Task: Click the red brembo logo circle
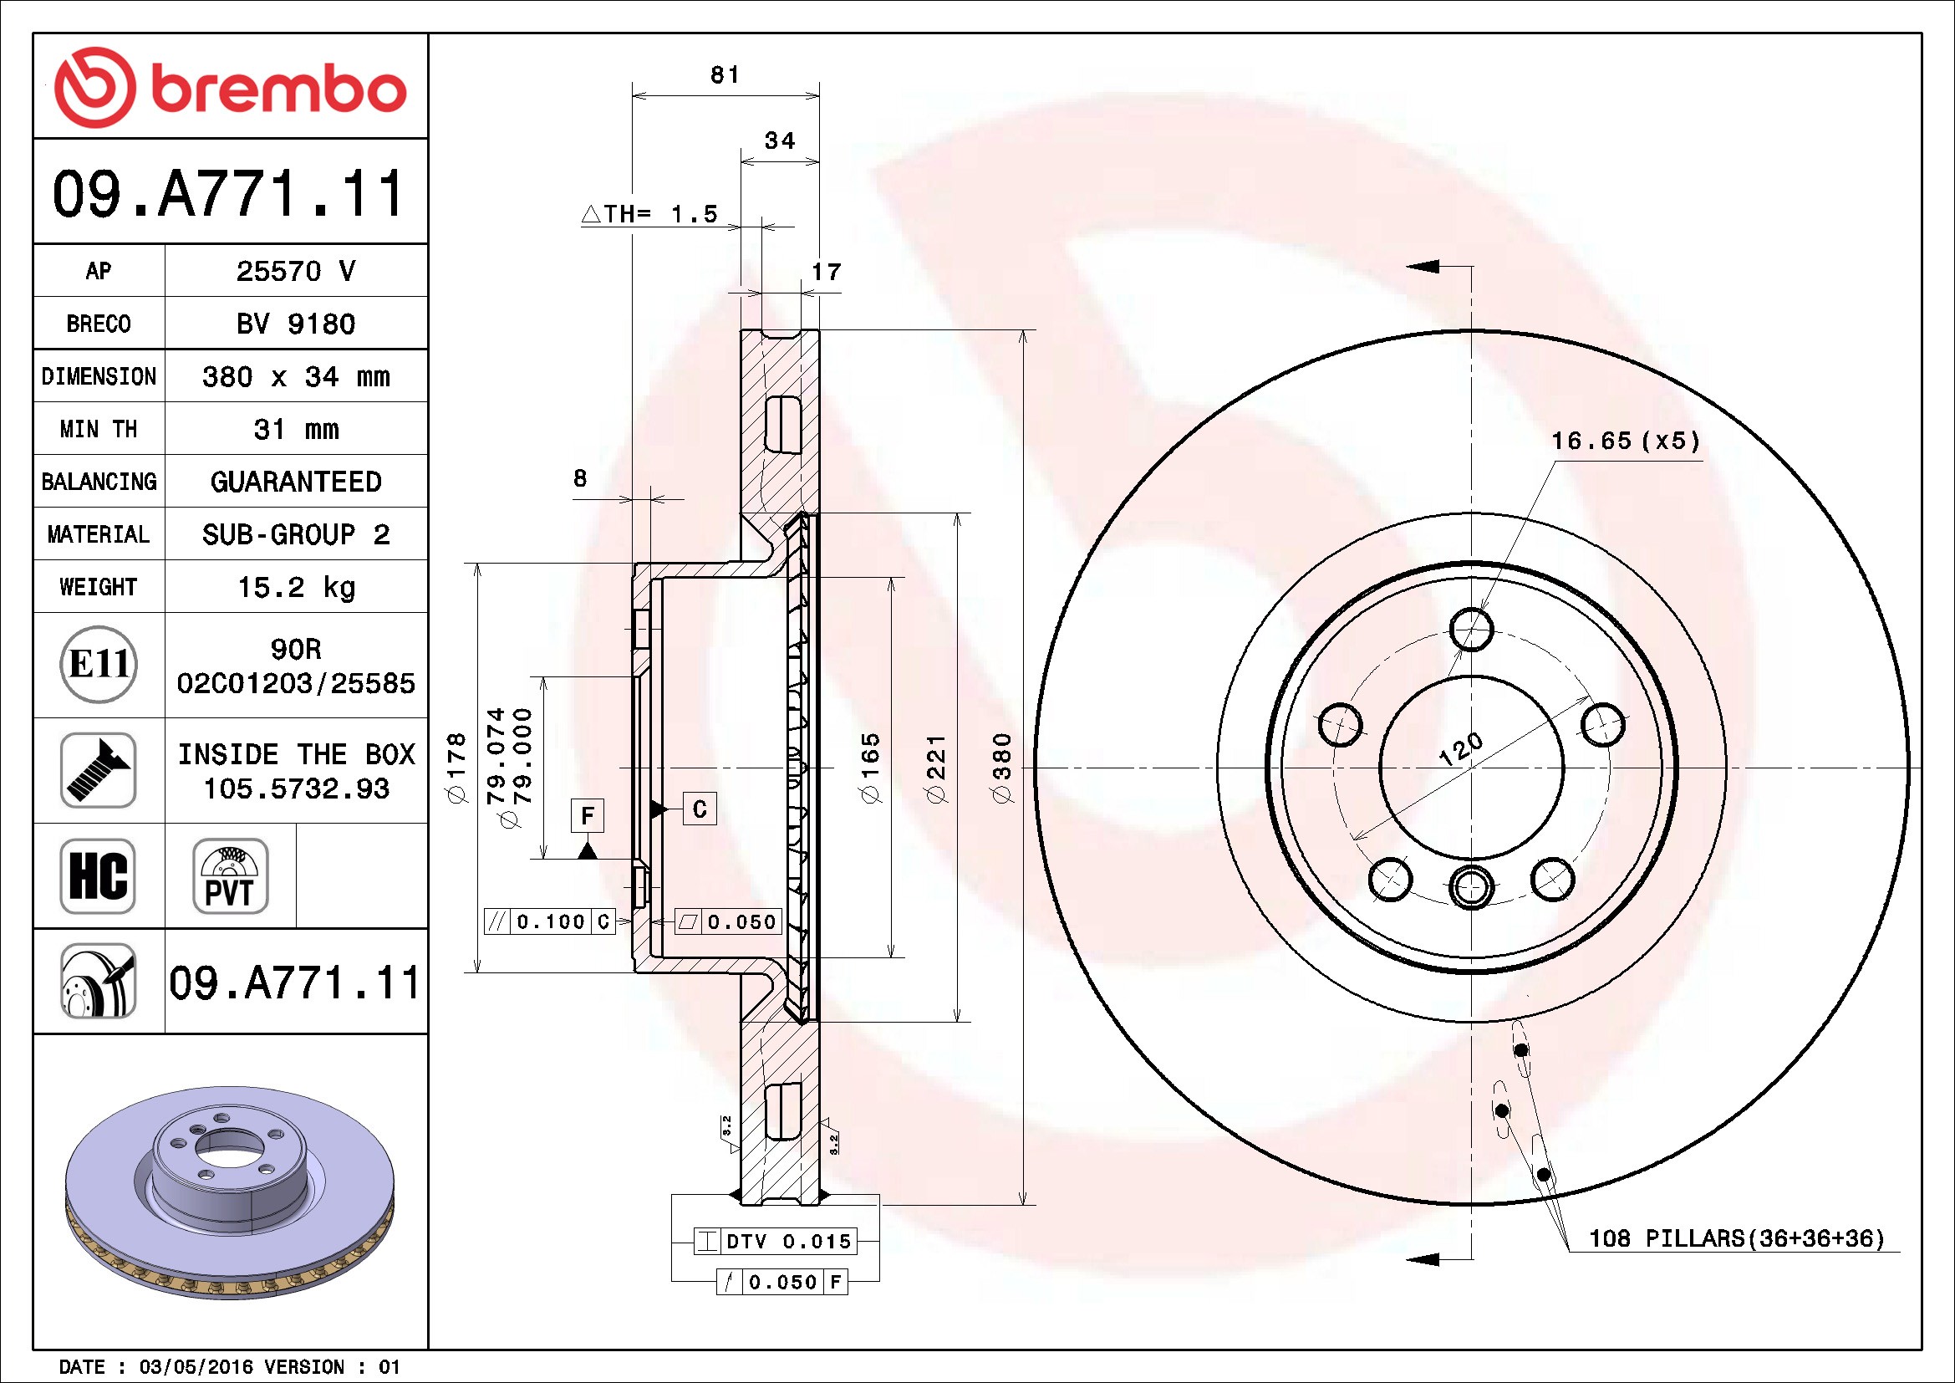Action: coord(94,88)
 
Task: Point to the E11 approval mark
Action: coord(99,664)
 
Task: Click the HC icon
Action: coord(98,875)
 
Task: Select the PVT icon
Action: coord(230,875)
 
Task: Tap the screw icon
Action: coord(98,770)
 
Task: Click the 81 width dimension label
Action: coord(725,75)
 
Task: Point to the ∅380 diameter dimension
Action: coord(1002,768)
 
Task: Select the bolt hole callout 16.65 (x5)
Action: coord(1626,441)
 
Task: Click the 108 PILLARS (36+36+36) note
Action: coord(1737,1238)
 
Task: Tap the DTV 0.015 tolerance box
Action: coord(774,1241)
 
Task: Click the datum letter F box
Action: coord(588,816)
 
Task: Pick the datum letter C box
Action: coord(700,809)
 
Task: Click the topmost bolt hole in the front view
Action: coord(1471,630)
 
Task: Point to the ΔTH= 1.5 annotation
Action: coord(649,214)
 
